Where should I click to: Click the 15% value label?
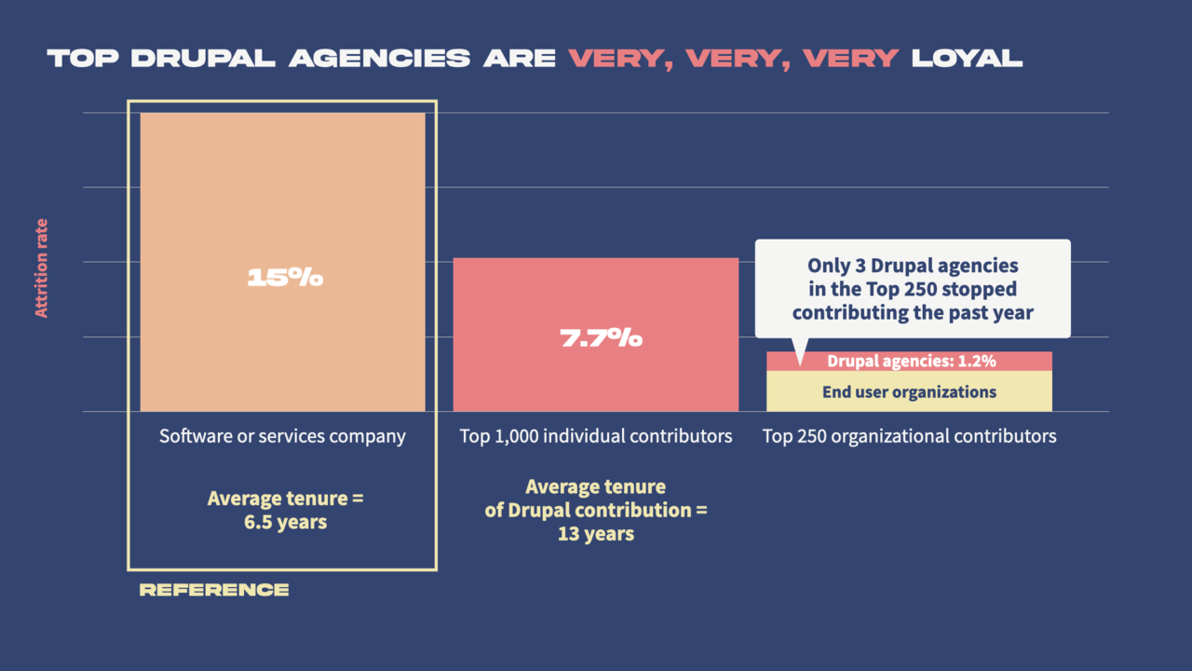coord(284,278)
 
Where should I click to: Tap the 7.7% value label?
coord(601,337)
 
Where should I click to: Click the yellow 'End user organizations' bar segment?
coord(909,391)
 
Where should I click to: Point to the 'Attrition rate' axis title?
coord(42,268)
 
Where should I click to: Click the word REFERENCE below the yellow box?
coord(214,590)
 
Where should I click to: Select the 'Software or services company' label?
coord(282,436)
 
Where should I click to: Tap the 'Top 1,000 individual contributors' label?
coord(596,436)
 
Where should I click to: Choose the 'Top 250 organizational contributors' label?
coord(909,436)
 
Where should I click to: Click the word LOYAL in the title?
coord(967,59)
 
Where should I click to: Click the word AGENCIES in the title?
coord(379,59)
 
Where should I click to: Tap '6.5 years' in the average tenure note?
coord(285,522)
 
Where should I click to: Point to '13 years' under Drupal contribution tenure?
coord(596,534)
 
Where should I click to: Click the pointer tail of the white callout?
coord(798,351)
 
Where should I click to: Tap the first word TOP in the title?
coord(83,59)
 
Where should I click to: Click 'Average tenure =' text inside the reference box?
coord(285,499)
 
